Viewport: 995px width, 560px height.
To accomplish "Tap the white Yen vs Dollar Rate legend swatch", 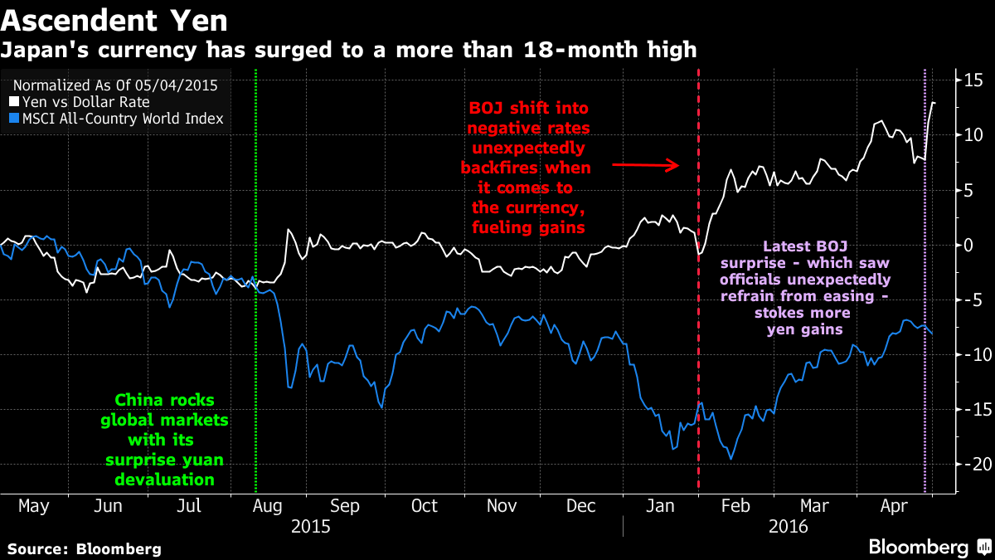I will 12,102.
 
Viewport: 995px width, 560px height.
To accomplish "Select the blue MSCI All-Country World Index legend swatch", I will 12,119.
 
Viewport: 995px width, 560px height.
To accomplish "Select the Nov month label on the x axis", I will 502,505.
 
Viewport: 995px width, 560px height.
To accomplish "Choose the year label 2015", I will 311,525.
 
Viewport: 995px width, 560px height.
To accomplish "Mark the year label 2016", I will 789,525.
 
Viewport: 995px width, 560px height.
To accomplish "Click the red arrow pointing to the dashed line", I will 646,165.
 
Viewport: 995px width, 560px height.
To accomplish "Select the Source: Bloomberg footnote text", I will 84,548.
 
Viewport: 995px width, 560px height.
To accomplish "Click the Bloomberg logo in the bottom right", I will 928,547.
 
